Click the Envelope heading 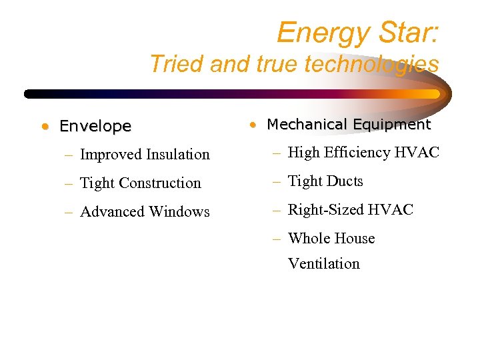pyautogui.click(x=95, y=126)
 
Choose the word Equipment pyautogui.click(x=393, y=125)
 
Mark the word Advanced pyautogui.click(x=113, y=212)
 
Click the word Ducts pyautogui.click(x=345, y=181)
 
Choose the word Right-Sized pyautogui.click(x=324, y=210)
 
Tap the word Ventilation pyautogui.click(x=323, y=264)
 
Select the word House pyautogui.click(x=355, y=239)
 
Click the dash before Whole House pyautogui.click(x=277, y=239)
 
